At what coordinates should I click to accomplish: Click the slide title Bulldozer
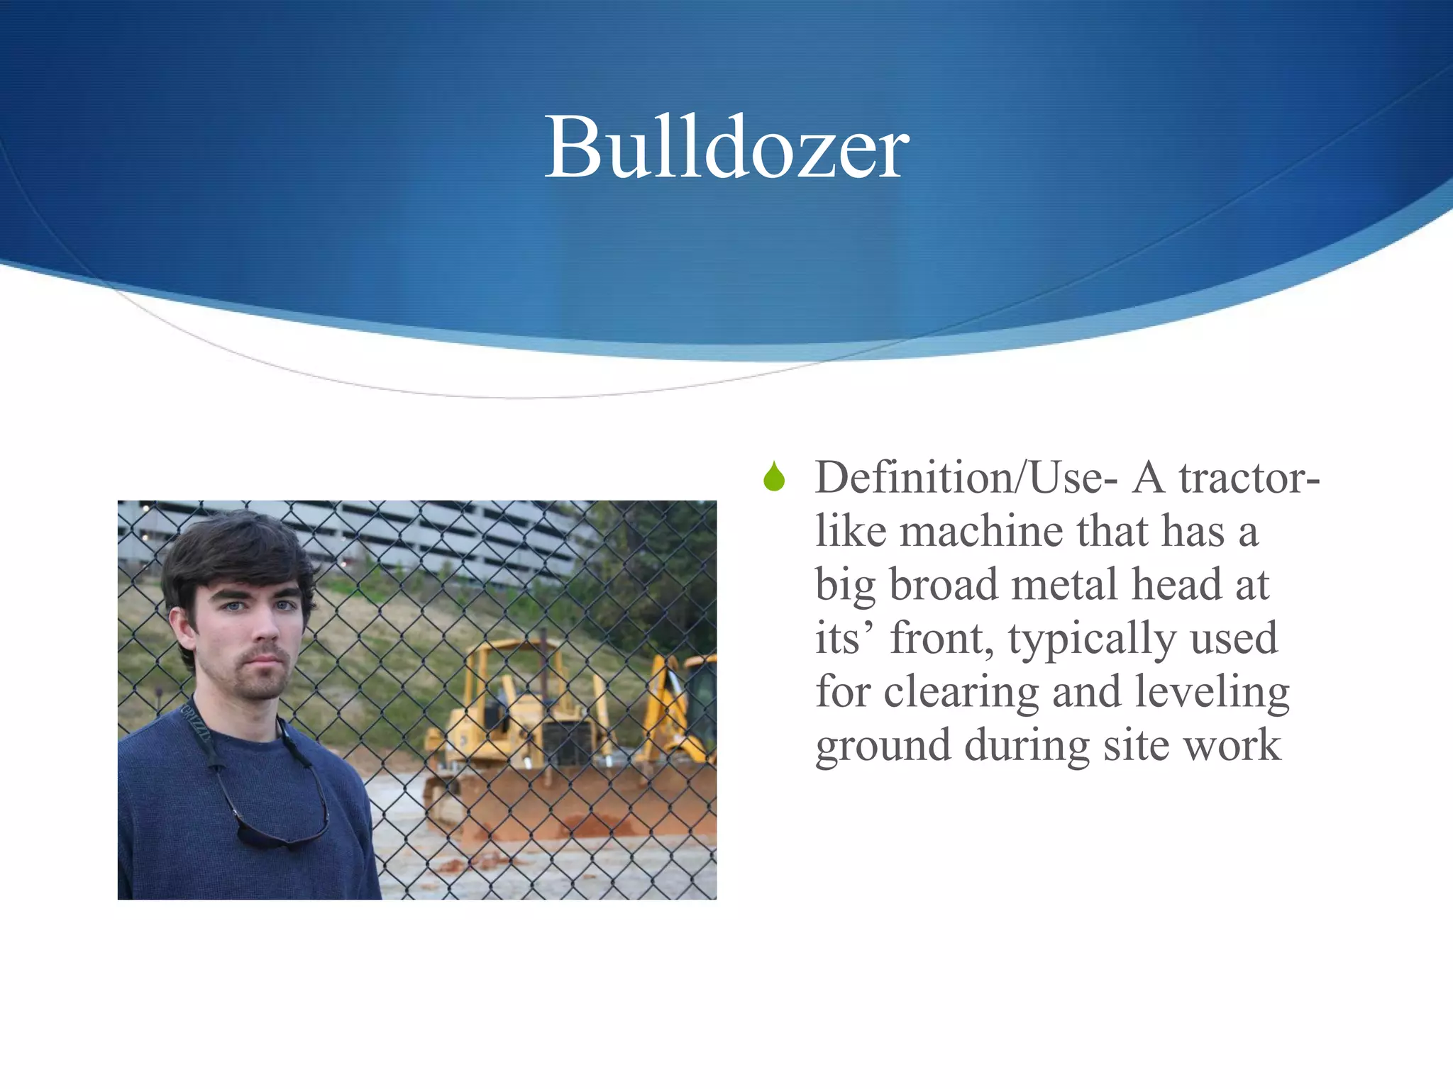pyautogui.click(x=726, y=147)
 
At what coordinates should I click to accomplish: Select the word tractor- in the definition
pyautogui.click(x=1249, y=478)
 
